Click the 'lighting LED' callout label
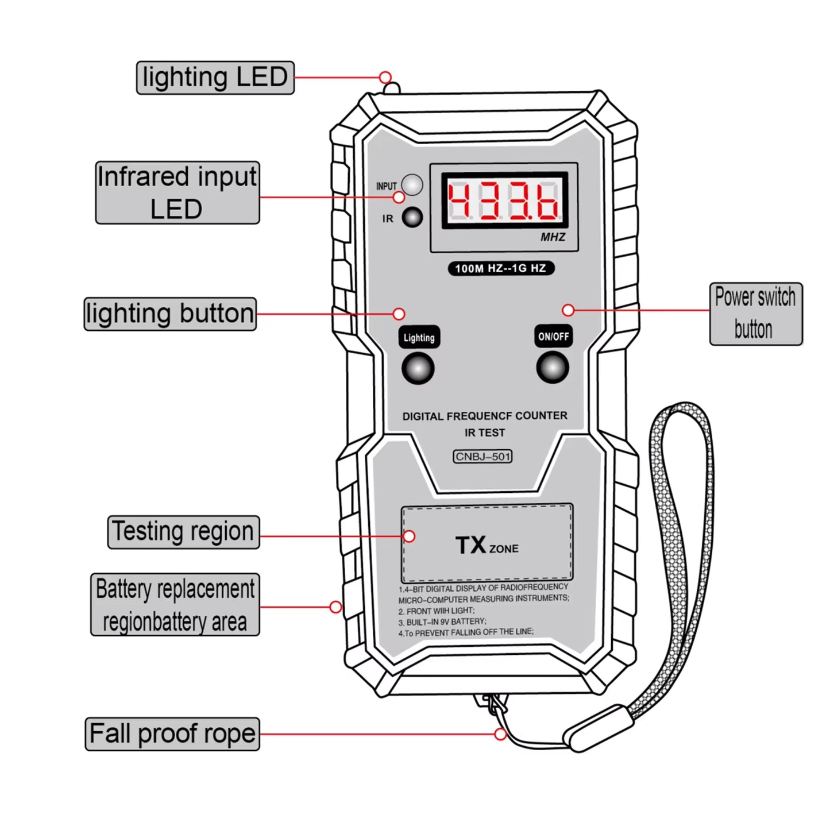click(x=215, y=78)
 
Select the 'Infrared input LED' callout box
click(x=177, y=192)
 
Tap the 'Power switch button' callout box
click(x=755, y=314)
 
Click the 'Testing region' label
click(x=183, y=532)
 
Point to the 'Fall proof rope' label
click(x=172, y=734)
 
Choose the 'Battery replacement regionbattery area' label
click(x=175, y=604)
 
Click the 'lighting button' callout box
click(x=170, y=314)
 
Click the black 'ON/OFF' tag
click(x=553, y=337)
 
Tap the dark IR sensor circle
click(x=412, y=217)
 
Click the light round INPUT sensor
click(x=412, y=185)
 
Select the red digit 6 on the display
click(x=547, y=201)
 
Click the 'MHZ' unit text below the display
click(x=552, y=237)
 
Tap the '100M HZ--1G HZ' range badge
click(x=500, y=268)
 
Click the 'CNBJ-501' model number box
click(x=482, y=457)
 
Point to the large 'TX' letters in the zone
click(x=471, y=545)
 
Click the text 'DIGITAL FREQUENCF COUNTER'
click(x=484, y=416)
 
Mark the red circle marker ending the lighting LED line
click(x=385, y=78)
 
